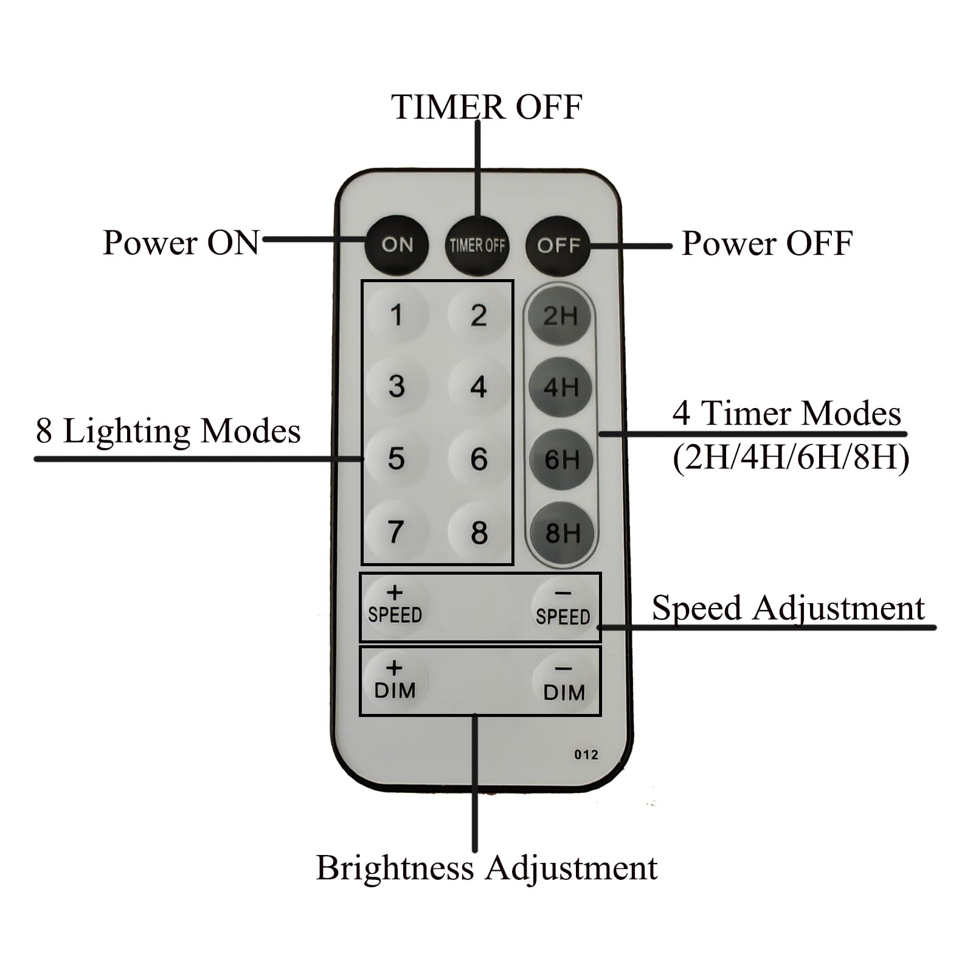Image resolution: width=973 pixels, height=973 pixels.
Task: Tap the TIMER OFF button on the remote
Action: (x=477, y=246)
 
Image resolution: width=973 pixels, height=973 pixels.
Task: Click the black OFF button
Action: (x=558, y=246)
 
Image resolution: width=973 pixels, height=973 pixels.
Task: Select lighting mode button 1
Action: (x=396, y=316)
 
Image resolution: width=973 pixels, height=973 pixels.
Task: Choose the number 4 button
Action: (x=479, y=387)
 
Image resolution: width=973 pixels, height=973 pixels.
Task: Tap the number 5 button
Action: (x=396, y=459)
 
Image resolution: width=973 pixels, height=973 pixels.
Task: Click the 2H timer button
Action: (x=560, y=316)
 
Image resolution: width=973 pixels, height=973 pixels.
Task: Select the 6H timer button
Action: (x=561, y=460)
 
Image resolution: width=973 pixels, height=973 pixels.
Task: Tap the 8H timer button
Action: (x=562, y=533)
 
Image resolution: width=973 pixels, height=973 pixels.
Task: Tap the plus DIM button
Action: (x=395, y=680)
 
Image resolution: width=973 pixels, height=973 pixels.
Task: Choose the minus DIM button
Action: (x=564, y=683)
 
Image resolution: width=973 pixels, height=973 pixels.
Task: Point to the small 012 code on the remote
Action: (x=586, y=755)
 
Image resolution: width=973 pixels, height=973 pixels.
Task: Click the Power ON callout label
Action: (x=181, y=243)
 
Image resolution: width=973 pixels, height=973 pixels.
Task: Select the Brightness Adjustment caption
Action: (x=486, y=868)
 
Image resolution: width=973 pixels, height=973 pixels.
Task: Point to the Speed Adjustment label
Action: (x=788, y=608)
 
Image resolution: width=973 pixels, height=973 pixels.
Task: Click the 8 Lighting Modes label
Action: (x=168, y=431)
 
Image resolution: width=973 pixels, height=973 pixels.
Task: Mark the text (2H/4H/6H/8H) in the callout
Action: (x=791, y=457)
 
